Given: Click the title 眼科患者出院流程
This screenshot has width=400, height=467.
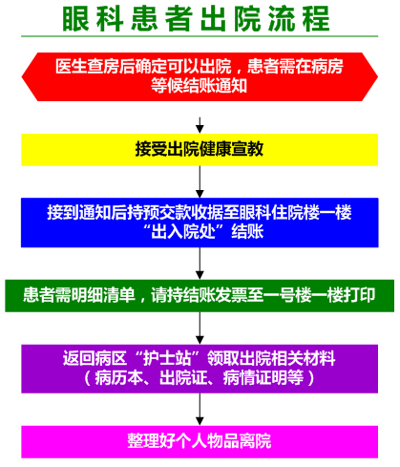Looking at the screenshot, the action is point(196,19).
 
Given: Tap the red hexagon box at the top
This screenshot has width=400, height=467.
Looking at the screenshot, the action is point(200,76).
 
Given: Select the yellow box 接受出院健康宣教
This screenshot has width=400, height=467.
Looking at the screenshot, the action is point(200,150).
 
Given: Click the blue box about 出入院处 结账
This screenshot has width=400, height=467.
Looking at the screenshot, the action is point(200,223).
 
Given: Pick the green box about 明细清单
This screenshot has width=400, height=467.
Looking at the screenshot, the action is point(200,296).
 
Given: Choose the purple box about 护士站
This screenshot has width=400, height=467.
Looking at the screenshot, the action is point(200,369).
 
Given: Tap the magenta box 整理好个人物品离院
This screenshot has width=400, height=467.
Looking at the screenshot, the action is point(200,442).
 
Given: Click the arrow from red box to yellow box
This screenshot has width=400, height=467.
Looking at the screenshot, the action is point(200,125).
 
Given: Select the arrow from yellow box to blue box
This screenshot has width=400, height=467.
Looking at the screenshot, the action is point(200,181).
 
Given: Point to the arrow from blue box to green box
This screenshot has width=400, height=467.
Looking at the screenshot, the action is point(200,264).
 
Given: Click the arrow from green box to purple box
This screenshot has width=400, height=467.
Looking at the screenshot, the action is point(200,329).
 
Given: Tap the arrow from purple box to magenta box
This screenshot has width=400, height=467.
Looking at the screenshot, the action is point(200,410).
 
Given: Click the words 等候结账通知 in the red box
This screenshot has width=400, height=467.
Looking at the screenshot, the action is point(200,86).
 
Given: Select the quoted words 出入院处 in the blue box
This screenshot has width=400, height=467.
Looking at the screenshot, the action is point(183,232).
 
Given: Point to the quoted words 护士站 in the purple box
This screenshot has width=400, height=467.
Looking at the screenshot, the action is point(167,359).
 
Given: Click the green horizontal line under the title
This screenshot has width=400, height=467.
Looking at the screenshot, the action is point(200,36).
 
